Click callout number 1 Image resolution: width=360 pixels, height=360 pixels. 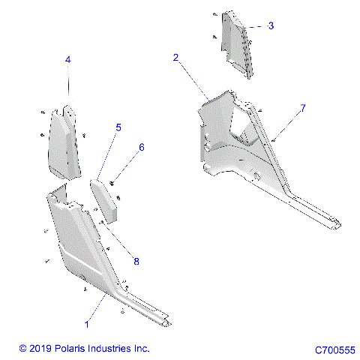pos(88,324)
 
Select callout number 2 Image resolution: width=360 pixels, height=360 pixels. pos(175,58)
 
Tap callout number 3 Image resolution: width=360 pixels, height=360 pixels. pos(271,25)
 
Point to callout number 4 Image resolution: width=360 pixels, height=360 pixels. pos(67,59)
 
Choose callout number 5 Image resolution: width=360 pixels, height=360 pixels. pos(118,128)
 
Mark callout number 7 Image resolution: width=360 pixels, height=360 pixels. pos(303,109)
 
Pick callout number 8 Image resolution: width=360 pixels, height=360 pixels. pos(136,261)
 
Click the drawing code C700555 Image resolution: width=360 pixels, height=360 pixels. pos(335,349)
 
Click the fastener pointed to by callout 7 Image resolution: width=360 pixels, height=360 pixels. pos(275,139)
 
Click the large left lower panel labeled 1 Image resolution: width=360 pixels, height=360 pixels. pos(79,240)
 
